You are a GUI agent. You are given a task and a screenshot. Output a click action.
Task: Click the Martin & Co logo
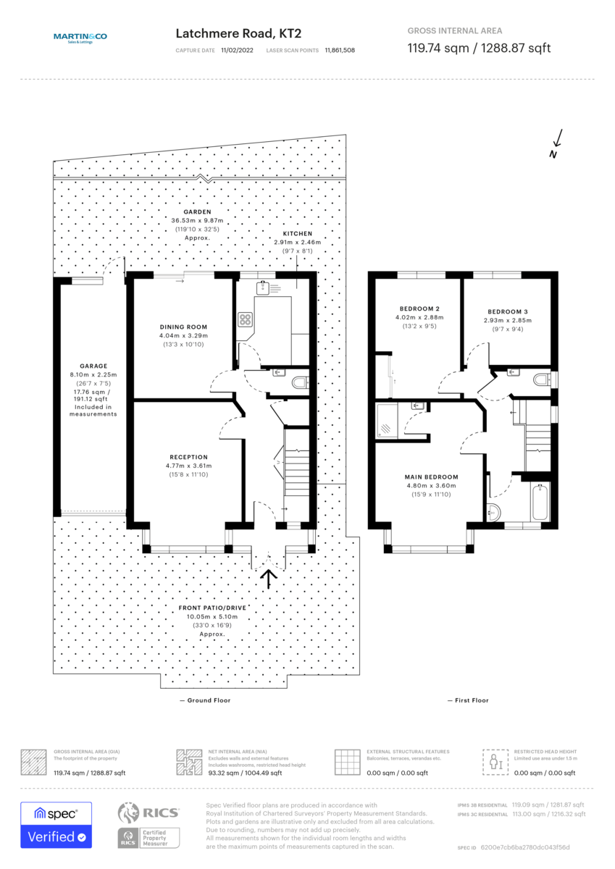click(x=80, y=38)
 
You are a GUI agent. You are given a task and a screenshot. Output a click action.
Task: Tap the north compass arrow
click(x=556, y=143)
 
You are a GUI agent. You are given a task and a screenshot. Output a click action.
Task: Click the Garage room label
click(x=93, y=366)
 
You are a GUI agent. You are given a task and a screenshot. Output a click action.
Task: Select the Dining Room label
click(x=184, y=327)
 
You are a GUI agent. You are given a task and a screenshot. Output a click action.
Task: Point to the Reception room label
click(x=188, y=457)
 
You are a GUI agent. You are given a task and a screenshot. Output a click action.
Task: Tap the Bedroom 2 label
click(x=417, y=308)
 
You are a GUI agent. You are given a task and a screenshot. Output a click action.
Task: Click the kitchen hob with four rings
click(x=246, y=319)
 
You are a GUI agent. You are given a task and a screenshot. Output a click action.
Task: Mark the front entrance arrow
click(x=269, y=578)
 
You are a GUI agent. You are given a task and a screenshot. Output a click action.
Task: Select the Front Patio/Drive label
click(x=212, y=608)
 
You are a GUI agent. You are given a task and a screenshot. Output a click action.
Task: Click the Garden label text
click(x=196, y=211)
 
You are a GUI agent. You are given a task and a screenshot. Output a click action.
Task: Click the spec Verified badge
click(x=56, y=825)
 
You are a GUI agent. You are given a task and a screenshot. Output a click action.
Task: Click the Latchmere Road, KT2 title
click(x=238, y=33)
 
